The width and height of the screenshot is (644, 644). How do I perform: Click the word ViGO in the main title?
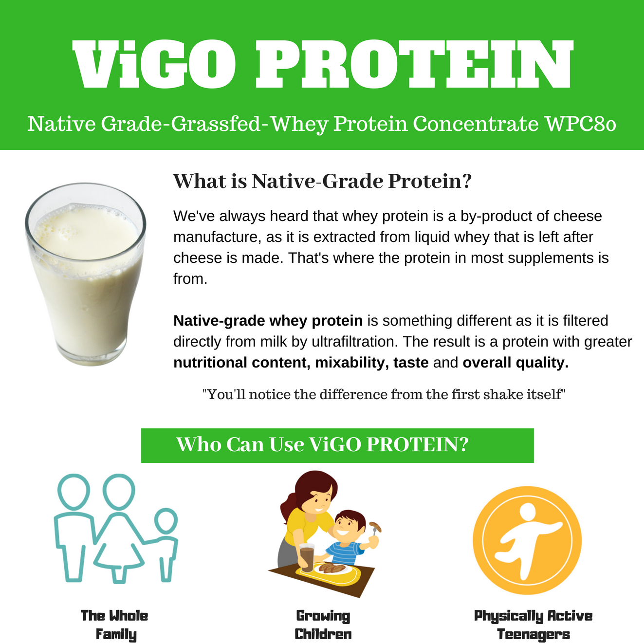tap(154, 64)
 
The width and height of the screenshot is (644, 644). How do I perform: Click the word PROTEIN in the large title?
tap(415, 64)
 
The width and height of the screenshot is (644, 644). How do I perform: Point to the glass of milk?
tap(86, 274)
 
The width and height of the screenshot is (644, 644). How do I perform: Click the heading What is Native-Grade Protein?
tap(322, 181)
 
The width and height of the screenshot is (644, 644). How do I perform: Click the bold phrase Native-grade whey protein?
tap(268, 321)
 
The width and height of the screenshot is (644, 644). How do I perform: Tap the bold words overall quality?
tap(515, 363)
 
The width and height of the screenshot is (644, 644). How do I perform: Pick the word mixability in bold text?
tap(352, 363)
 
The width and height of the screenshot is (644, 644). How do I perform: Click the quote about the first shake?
tap(384, 394)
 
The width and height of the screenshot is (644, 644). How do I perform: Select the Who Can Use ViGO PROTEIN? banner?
tap(337, 445)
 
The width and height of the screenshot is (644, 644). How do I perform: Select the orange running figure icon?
tap(527, 540)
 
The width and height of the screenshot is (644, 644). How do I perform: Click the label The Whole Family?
tap(114, 625)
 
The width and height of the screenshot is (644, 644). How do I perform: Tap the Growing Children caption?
tap(323, 625)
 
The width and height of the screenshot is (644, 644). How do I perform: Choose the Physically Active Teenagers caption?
tap(533, 625)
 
